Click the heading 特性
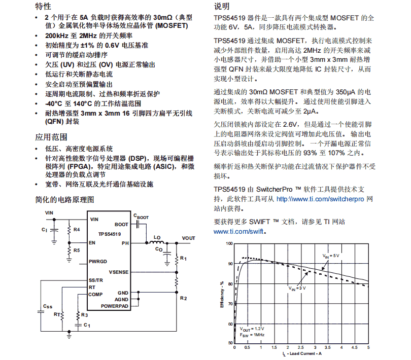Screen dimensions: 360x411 [x=43, y=7]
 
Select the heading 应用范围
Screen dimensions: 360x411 [x=51, y=137]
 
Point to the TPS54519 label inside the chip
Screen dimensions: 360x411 [x=109, y=234]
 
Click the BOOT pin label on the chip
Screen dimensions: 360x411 [x=122, y=224]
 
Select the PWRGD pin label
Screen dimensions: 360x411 [x=98, y=262]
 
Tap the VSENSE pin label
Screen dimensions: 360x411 [x=119, y=272]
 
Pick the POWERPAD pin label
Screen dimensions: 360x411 [x=115, y=306]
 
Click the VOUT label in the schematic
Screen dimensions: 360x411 [x=188, y=238]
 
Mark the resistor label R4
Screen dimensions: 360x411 [x=77, y=230]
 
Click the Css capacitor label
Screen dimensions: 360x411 [x=47, y=306]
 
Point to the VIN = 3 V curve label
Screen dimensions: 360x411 [x=298, y=287]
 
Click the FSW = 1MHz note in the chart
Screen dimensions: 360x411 [x=252, y=335]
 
